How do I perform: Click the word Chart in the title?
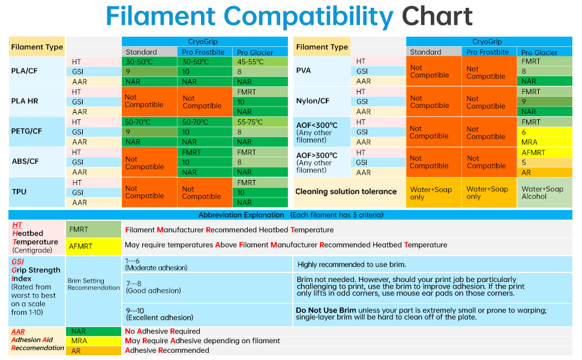(x=437, y=16)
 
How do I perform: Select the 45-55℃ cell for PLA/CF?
(x=260, y=62)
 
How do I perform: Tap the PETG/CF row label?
(x=26, y=131)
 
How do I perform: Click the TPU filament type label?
(x=19, y=192)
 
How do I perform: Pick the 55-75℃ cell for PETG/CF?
(x=260, y=122)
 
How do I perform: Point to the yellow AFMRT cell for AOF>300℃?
(x=545, y=152)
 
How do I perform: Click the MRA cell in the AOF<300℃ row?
(x=545, y=142)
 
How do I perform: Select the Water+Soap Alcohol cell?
(x=545, y=192)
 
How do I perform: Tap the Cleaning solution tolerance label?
(x=346, y=191)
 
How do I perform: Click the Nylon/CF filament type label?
(x=313, y=101)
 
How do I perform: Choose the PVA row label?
(x=303, y=71)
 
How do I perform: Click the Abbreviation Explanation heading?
(x=241, y=215)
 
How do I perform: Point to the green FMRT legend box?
(x=94, y=229)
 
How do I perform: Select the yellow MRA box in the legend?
(x=94, y=341)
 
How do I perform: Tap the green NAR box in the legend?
(x=94, y=331)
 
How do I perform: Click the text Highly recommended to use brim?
(x=352, y=264)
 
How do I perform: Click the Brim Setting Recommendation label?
(x=94, y=284)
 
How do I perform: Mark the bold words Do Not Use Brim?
(x=326, y=310)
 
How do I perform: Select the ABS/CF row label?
(x=25, y=161)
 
